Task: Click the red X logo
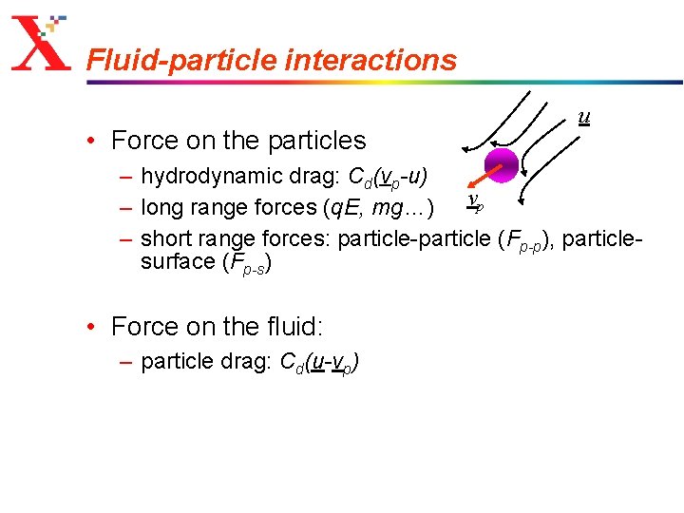[40, 46]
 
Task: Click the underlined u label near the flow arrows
[584, 117]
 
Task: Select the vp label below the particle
[475, 202]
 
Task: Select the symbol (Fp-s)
[247, 263]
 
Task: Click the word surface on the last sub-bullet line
[177, 262]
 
